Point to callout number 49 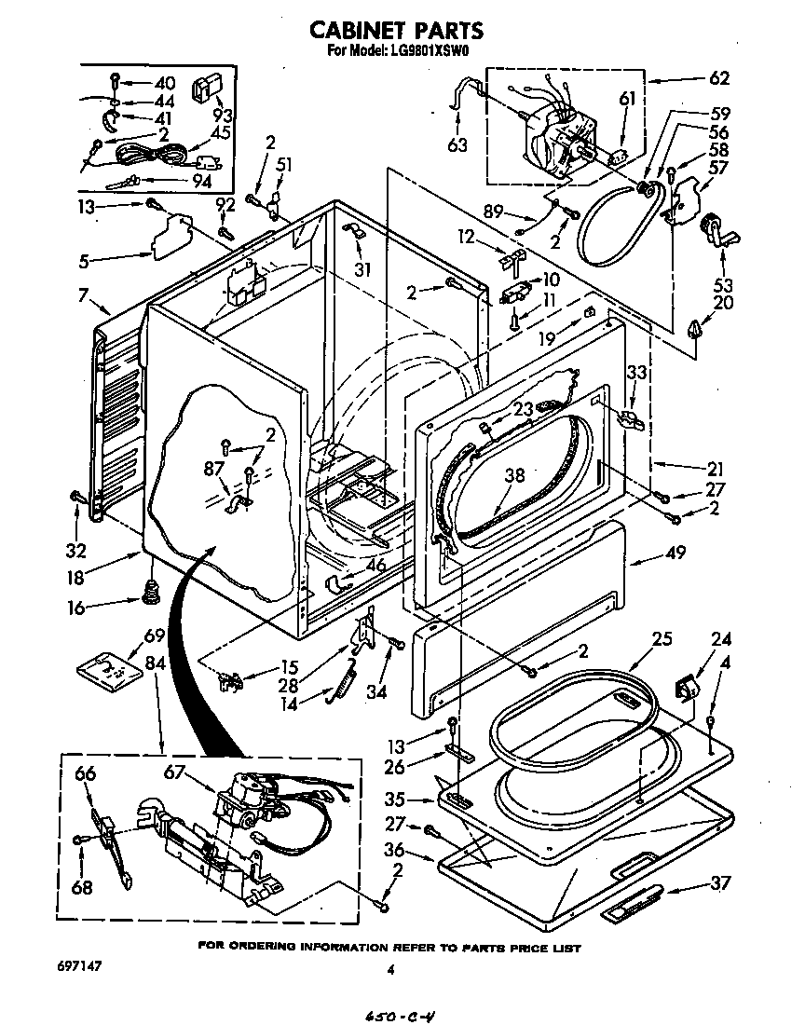(675, 553)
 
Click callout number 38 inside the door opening (514, 475)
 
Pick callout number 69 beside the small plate (154, 637)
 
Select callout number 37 (719, 883)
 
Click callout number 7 (84, 295)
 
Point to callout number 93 (222, 116)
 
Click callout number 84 (154, 663)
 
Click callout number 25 (662, 640)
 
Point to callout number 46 (375, 565)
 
